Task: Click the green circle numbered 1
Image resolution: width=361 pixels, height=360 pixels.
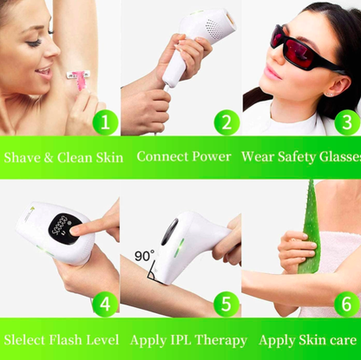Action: (x=105, y=122)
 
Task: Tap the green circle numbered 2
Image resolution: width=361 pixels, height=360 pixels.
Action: (x=226, y=122)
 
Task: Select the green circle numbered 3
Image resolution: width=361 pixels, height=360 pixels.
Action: (x=347, y=122)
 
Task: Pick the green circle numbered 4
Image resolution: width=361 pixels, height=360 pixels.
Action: (x=105, y=304)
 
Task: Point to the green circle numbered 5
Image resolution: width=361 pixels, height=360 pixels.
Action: (x=226, y=304)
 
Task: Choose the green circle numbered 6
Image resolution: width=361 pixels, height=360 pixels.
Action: (x=347, y=304)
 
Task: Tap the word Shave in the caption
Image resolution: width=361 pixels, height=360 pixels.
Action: (x=22, y=158)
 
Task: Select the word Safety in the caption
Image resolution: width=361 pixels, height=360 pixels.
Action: (x=297, y=157)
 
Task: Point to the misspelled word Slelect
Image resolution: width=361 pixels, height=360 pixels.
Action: (x=24, y=340)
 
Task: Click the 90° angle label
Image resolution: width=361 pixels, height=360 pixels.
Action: (x=144, y=256)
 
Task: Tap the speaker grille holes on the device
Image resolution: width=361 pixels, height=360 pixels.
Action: (x=213, y=27)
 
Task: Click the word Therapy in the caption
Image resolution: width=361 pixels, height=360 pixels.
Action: (x=220, y=341)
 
